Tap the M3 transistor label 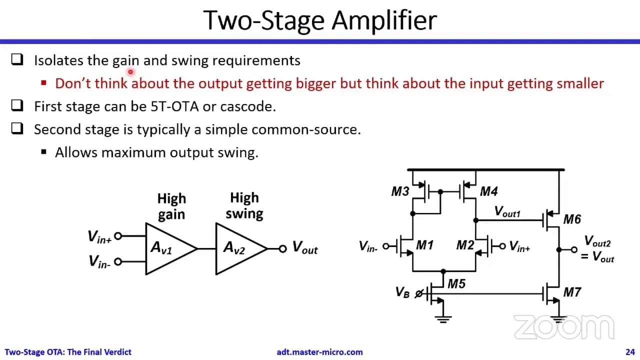coord(400,191)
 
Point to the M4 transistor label coord(489,191)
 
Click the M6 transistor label coord(572,219)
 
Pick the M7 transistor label coord(572,292)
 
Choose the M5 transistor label coord(456,283)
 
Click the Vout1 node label coord(507,211)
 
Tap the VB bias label coord(402,292)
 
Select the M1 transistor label coord(425,245)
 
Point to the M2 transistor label coord(465,245)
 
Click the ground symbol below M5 coord(443,319)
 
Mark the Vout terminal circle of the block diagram coord(282,249)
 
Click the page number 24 coord(630,352)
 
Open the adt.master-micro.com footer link coord(319,352)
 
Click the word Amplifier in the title coord(384,20)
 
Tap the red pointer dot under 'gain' coord(130,72)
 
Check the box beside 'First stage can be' coord(17,105)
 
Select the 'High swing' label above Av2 coord(244,205)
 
